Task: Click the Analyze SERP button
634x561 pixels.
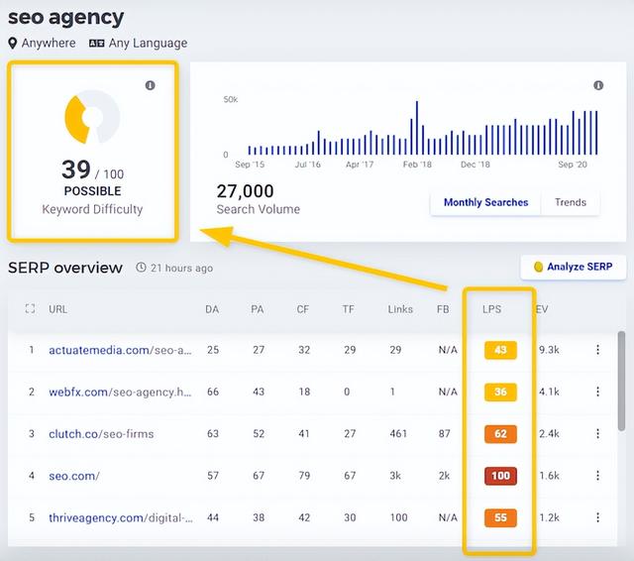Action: click(573, 267)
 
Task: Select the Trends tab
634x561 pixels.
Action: click(570, 202)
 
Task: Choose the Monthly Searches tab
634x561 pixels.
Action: click(485, 202)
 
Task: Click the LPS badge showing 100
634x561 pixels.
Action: click(500, 476)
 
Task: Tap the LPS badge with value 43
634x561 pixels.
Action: click(500, 350)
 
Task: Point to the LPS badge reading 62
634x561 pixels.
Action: click(500, 433)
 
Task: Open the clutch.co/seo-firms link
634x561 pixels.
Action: click(101, 433)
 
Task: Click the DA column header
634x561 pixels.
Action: click(212, 309)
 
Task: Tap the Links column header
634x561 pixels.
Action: click(400, 309)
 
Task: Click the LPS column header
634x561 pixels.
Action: click(491, 309)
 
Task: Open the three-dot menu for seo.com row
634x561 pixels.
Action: click(597, 476)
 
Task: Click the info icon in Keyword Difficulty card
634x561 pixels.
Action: click(151, 86)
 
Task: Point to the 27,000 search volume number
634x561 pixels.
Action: click(245, 191)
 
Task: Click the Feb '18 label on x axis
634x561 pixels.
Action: click(417, 165)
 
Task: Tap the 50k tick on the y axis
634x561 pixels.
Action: click(230, 100)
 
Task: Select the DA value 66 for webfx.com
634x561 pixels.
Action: click(212, 392)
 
